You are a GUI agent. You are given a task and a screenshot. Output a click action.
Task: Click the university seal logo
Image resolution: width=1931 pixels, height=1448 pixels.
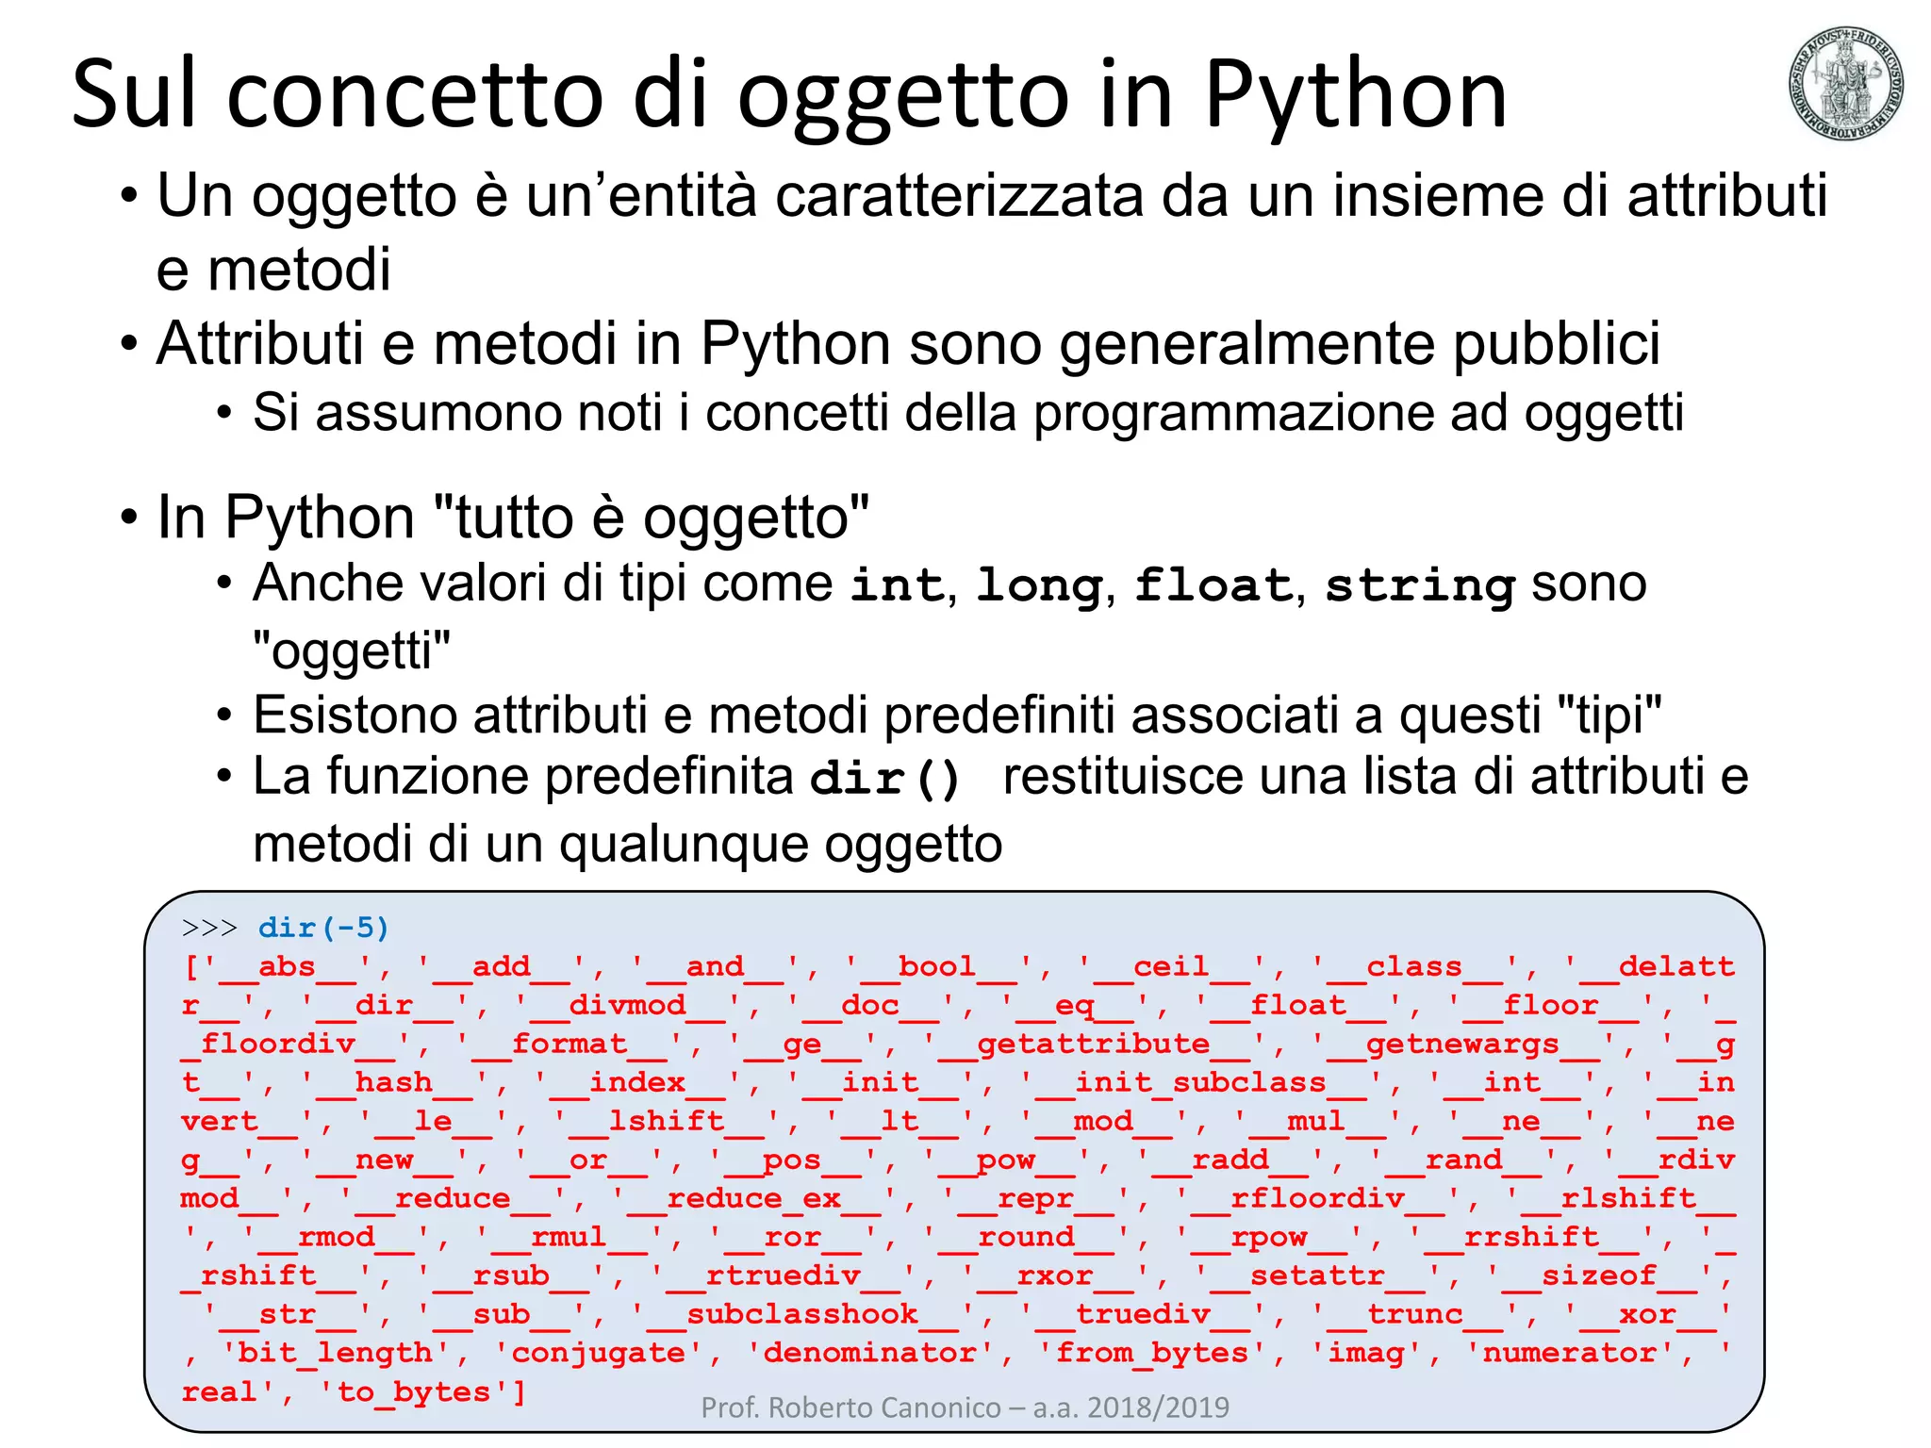coord(1844,83)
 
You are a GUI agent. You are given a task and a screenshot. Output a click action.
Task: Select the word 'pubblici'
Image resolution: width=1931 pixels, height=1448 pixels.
coord(1556,343)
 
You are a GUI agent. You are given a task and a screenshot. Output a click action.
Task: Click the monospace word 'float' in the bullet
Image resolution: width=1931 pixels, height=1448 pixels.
coord(1212,584)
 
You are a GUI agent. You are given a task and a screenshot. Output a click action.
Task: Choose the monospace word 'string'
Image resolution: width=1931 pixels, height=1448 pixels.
coord(1419,584)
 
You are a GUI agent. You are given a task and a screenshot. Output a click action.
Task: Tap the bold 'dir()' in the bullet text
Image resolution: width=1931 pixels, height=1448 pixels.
coord(884,779)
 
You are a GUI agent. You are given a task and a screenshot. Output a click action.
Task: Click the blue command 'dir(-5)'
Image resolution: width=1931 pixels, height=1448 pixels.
coord(323,928)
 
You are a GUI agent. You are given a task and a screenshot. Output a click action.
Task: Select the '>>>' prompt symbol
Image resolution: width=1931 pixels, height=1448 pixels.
coord(209,928)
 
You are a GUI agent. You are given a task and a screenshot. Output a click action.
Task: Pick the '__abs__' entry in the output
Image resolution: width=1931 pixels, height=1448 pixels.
coord(287,967)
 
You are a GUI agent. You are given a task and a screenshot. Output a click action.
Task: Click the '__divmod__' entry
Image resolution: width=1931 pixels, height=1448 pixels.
coord(628,1006)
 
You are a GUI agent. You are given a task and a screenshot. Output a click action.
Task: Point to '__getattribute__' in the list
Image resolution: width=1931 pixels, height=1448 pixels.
coord(1094,1045)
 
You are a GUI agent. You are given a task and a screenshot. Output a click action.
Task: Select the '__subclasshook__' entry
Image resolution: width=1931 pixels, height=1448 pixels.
coord(802,1315)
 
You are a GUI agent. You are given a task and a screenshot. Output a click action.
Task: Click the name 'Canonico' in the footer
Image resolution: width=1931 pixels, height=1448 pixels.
coord(934,1407)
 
